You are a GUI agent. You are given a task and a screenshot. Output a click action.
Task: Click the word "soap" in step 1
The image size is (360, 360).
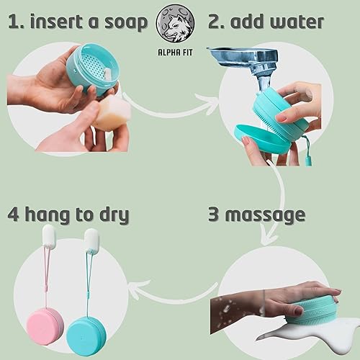pyautogui.click(x=126, y=23)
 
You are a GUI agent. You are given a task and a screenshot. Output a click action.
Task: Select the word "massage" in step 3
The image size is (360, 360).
pyautogui.click(x=265, y=215)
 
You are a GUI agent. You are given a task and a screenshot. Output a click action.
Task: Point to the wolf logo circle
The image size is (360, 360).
pyautogui.click(x=175, y=24)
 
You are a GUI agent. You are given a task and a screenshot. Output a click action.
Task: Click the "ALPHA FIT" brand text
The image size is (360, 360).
pyautogui.click(x=175, y=53)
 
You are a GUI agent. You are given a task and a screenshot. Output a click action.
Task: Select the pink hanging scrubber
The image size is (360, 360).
pyautogui.click(x=45, y=323)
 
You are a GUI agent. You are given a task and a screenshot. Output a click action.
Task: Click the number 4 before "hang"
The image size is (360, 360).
pyautogui.click(x=14, y=215)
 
